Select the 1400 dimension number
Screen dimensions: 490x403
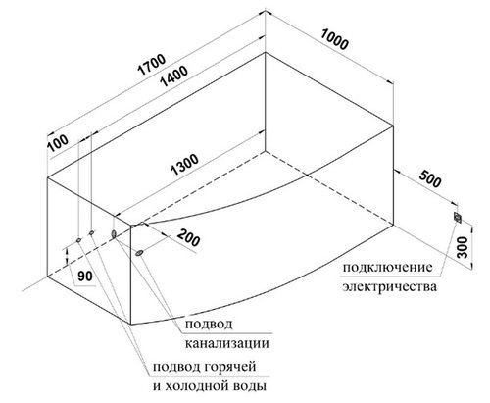click(173, 76)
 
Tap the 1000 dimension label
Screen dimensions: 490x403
click(334, 40)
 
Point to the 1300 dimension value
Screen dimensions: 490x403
click(184, 165)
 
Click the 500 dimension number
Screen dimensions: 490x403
click(429, 178)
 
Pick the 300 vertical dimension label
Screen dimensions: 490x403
click(462, 247)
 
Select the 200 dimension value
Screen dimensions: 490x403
click(188, 237)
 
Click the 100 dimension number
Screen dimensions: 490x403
click(58, 143)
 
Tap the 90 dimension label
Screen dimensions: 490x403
click(85, 277)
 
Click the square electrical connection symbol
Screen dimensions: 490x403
click(458, 217)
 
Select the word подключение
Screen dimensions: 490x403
click(387, 268)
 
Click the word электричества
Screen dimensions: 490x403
click(389, 287)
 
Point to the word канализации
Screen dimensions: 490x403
click(227, 343)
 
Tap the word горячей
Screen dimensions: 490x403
click(230, 367)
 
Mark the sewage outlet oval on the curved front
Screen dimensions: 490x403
click(139, 253)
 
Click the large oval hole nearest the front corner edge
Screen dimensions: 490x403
click(114, 234)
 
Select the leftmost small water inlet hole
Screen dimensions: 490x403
click(78, 240)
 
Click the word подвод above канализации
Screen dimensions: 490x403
click(209, 325)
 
